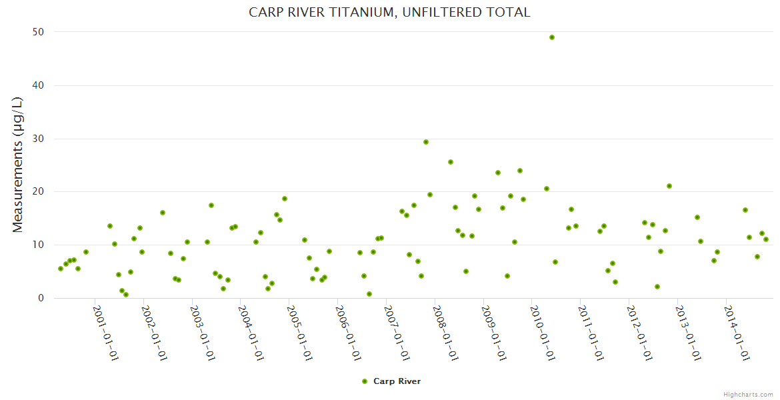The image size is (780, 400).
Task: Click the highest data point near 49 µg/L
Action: click(x=552, y=37)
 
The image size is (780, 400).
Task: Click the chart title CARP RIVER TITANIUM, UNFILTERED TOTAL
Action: click(x=389, y=12)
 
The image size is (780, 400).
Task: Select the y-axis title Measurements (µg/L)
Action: click(x=18, y=165)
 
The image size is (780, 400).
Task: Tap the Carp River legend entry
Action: click(x=397, y=381)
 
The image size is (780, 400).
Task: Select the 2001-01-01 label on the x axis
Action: click(x=105, y=333)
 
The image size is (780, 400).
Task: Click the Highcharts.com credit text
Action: click(x=748, y=395)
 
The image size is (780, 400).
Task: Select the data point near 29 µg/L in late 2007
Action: click(x=426, y=142)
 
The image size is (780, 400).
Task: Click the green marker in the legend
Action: click(x=365, y=381)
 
